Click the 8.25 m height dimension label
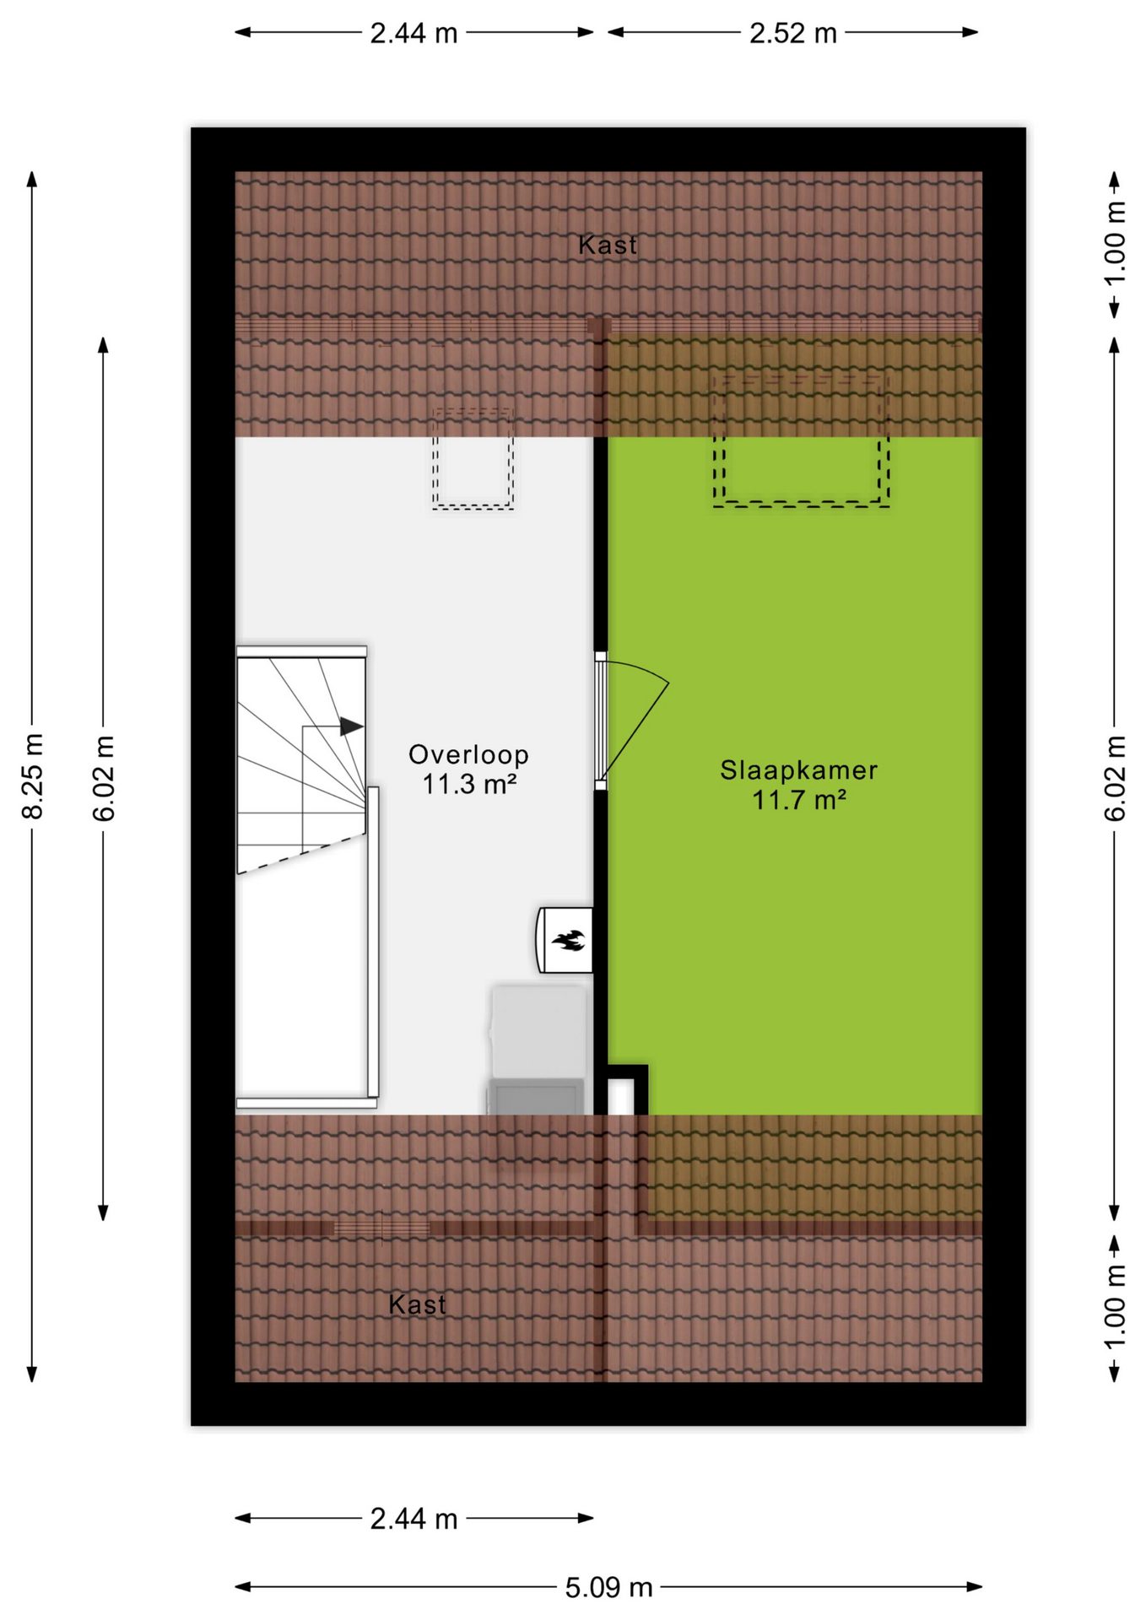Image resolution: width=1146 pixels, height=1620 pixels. [x=32, y=776]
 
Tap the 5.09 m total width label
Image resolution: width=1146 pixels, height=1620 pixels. [x=608, y=1587]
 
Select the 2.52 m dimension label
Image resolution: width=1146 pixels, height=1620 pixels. [x=793, y=33]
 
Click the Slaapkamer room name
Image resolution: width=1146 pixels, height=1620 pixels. [x=798, y=769]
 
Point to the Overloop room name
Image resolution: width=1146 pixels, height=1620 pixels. [x=468, y=754]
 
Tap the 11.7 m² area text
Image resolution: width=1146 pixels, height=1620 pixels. [x=798, y=799]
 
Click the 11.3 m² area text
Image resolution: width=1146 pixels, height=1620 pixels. [x=468, y=784]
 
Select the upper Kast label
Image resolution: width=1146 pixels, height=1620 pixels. [x=608, y=245]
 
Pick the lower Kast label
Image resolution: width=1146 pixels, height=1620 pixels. [x=417, y=1304]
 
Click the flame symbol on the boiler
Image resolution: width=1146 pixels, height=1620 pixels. [x=567, y=940]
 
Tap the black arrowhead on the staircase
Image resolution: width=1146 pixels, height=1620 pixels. [x=352, y=726]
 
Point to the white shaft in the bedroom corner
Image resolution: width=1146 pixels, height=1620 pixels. [x=621, y=1096]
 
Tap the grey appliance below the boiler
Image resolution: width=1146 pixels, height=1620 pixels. [x=537, y=1049]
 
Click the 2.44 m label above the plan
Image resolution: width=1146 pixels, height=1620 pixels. [x=414, y=33]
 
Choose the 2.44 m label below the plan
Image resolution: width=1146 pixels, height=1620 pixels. [x=414, y=1519]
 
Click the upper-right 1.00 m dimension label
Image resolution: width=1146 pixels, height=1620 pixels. [x=1115, y=244]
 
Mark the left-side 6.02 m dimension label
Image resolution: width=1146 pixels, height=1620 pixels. [x=103, y=778]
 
